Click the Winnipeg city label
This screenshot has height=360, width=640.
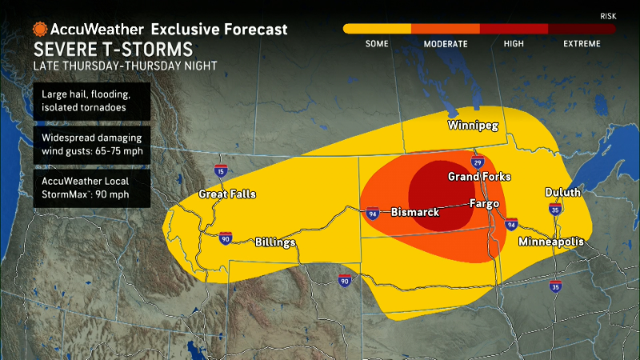point(472,126)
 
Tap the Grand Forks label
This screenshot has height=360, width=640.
point(479,176)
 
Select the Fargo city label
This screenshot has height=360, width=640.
point(484,203)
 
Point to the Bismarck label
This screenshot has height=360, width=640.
point(414,213)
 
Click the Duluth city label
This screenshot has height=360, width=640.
point(563,193)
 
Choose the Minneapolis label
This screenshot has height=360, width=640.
point(550,242)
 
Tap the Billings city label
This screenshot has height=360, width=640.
point(275,242)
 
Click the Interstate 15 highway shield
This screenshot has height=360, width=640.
point(219,170)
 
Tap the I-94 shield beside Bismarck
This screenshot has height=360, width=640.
point(373,214)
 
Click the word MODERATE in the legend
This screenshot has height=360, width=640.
point(445,44)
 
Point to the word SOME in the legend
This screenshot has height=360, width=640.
point(377,44)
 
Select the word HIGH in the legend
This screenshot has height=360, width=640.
point(514,44)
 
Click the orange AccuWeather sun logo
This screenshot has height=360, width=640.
point(39,29)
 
